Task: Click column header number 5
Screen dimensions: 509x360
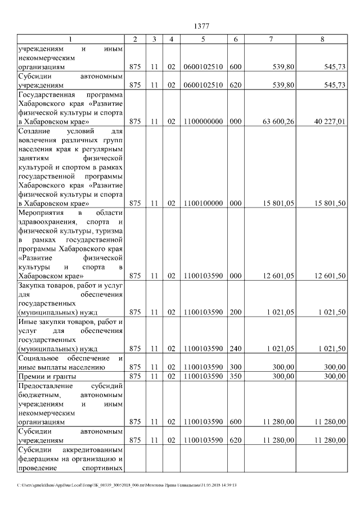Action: point(203,39)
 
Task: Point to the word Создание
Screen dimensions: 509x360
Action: point(35,130)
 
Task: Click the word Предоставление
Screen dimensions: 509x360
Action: point(46,386)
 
